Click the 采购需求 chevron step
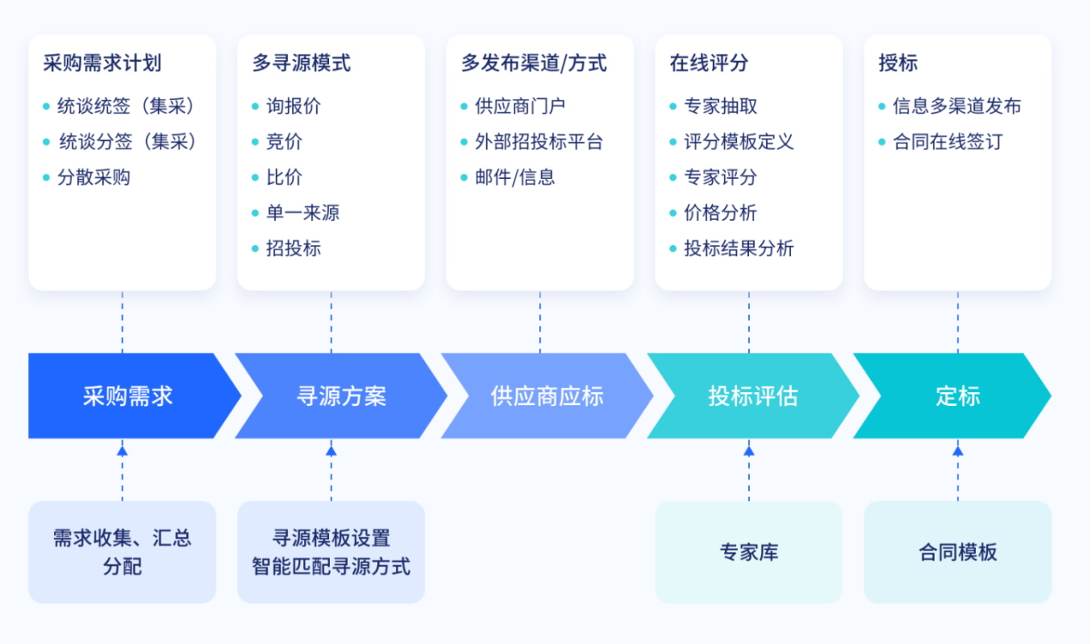[128, 396]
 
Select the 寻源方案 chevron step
[341, 396]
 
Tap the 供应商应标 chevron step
[547, 396]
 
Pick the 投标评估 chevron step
[752, 396]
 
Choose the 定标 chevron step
[957, 396]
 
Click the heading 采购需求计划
[102, 63]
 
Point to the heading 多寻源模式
[301, 63]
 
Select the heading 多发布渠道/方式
[533, 63]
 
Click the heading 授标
[898, 63]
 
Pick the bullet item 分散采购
[94, 178]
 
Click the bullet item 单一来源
[302, 213]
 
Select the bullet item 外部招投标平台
[539, 142]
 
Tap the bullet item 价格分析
[720, 213]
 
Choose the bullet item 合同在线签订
[947, 142]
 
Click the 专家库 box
[749, 552]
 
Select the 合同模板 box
[958, 552]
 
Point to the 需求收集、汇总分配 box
[122, 552]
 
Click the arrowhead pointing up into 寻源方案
[331, 450]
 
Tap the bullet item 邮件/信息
[515, 178]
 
